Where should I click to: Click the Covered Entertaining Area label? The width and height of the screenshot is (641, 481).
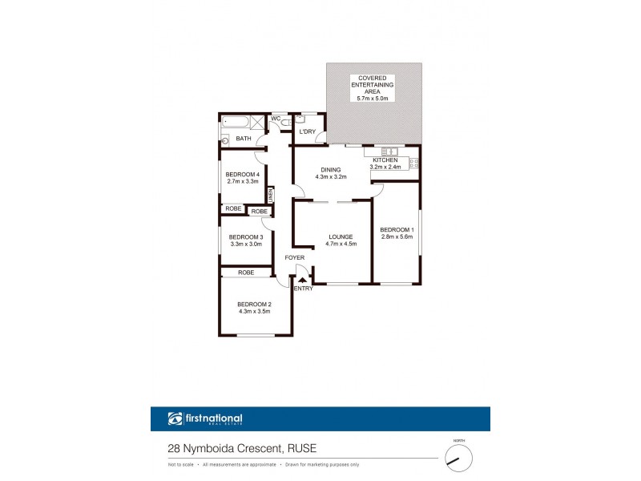coord(373,87)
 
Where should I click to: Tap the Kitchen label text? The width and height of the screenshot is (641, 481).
coord(385,164)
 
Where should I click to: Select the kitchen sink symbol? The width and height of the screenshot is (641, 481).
coord(386,152)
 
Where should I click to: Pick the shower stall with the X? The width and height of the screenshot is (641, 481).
coord(256,123)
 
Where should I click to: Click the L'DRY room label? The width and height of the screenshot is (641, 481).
coord(306,131)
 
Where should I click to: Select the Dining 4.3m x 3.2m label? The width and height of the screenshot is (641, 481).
coord(331,173)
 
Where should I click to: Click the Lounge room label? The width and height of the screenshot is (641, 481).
coord(340,240)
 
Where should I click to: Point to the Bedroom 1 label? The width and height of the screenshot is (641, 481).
coord(396,233)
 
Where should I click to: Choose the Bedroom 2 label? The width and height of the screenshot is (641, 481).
coord(254,307)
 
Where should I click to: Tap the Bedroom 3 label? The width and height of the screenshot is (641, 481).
coord(245,240)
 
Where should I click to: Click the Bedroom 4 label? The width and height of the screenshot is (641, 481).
coord(242,178)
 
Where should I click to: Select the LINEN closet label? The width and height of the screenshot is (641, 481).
coord(271,195)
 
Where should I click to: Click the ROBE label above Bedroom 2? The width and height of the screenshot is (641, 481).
coord(246,273)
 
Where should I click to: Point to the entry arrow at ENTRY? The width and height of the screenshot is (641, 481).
coord(302,280)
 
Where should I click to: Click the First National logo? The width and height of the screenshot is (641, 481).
coord(205,418)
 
